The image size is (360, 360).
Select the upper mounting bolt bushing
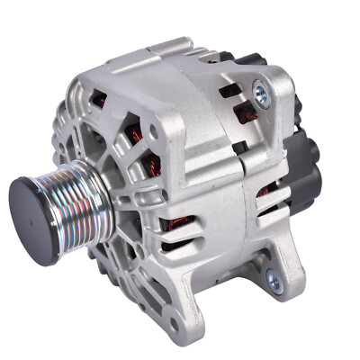261,89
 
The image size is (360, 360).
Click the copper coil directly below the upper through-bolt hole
154,166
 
